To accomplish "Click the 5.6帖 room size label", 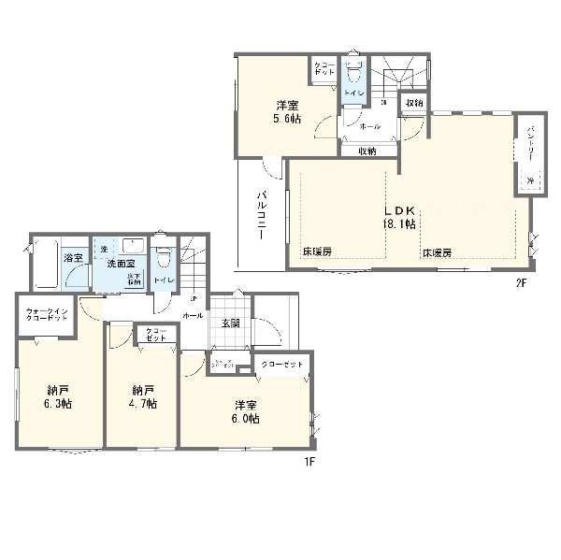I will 287,119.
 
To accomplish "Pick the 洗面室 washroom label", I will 119,265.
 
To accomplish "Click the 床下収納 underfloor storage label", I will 135,278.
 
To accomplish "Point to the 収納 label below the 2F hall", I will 366,151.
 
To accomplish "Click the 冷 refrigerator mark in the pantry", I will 529,180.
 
